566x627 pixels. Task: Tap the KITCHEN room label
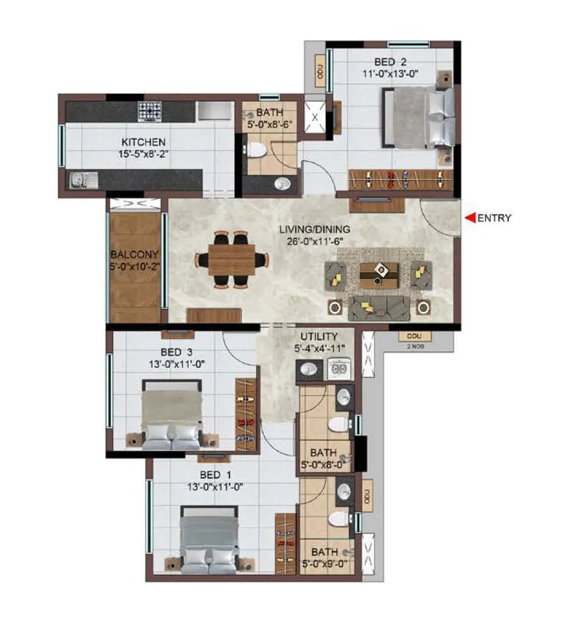(x=143, y=142)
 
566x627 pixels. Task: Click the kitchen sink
(x=80, y=180)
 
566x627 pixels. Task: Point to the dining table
(x=231, y=260)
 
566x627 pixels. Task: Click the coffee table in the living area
(x=379, y=274)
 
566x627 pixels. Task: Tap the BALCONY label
(x=134, y=255)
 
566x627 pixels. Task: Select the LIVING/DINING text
(x=314, y=230)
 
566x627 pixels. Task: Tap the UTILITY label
(x=319, y=336)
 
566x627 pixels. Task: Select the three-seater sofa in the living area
(x=379, y=306)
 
